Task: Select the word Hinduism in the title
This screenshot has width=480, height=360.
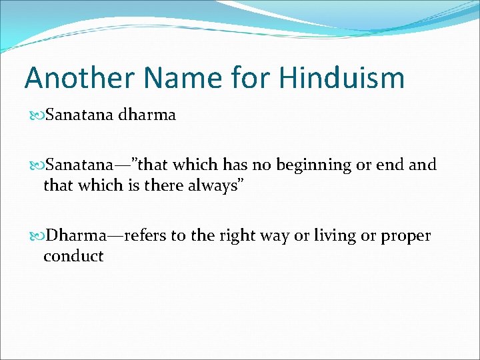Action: click(342, 78)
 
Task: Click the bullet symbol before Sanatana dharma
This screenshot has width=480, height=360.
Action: click(36, 115)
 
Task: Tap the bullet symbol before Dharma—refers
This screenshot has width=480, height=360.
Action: click(36, 236)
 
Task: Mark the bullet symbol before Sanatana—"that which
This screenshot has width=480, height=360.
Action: click(36, 165)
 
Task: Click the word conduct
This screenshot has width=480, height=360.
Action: click(73, 255)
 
